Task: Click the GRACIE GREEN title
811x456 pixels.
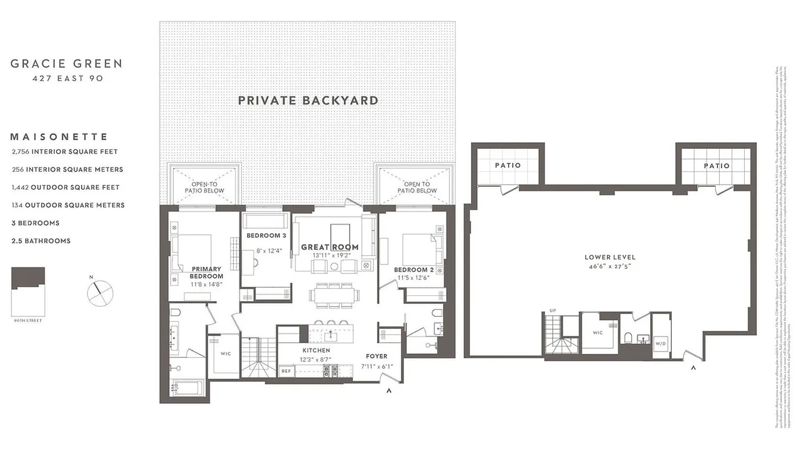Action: coord(66,64)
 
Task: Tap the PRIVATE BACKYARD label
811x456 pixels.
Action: coord(308,101)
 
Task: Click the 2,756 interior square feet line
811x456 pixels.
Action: coord(64,152)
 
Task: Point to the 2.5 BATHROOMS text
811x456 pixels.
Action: coord(41,241)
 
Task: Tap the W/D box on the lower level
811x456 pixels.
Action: coord(661,344)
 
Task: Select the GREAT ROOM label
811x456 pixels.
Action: coord(330,247)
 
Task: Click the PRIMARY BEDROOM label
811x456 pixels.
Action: coord(206,272)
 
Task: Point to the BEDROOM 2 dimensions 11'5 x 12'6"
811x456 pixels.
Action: coord(414,278)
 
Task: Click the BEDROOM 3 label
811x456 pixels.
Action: coord(266,235)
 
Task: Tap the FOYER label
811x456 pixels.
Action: coord(376,356)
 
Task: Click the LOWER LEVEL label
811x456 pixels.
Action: coord(610,257)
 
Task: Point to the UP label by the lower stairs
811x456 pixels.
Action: coord(552,311)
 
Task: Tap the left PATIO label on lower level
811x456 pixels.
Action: coord(508,165)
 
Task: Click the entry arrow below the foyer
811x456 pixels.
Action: coord(390,391)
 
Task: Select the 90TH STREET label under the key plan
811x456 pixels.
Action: coord(28,321)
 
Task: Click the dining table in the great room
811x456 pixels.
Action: coord(335,295)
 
